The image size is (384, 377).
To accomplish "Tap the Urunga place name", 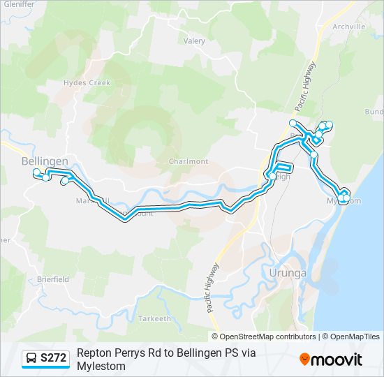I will (288, 273).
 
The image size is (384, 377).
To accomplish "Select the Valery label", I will (194, 41).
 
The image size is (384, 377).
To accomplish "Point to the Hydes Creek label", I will (87, 82).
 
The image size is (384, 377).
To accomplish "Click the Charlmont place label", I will (189, 161).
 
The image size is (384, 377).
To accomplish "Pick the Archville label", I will (349, 27).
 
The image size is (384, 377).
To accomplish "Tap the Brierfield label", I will (53, 279).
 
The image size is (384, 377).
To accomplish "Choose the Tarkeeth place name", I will (155, 318).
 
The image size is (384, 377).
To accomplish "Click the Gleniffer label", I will (17, 4).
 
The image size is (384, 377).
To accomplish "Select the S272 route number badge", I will (54, 359).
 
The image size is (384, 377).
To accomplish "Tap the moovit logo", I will (331, 360).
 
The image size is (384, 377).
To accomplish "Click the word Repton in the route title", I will (94, 353).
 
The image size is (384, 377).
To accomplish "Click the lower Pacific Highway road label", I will (212, 287).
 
